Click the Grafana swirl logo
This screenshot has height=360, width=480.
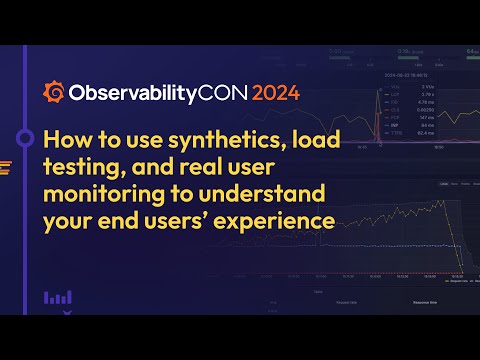(x=54, y=93)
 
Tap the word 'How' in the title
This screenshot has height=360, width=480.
(x=69, y=139)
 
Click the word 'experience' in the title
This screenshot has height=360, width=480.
(x=274, y=214)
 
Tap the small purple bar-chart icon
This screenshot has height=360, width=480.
(x=57, y=297)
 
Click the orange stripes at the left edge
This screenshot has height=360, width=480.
(x=6, y=167)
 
